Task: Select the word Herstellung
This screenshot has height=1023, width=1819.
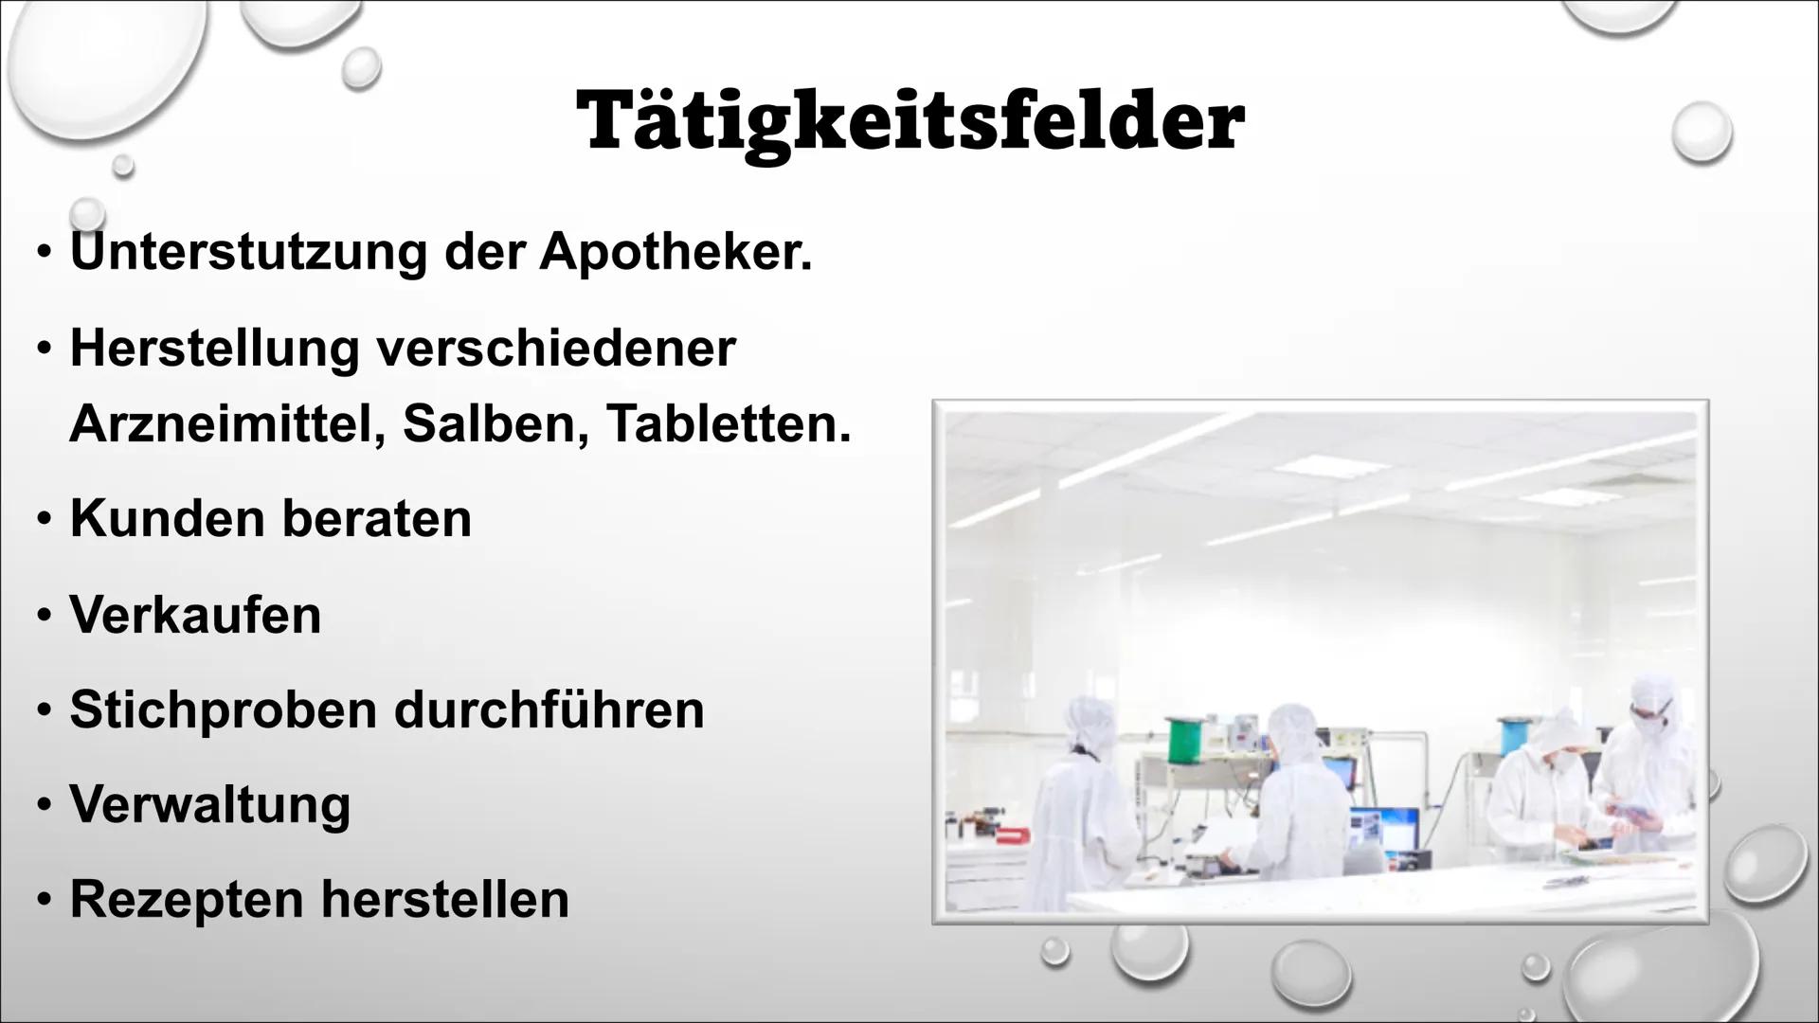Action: tap(214, 348)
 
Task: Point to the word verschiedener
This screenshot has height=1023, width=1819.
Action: tap(556, 348)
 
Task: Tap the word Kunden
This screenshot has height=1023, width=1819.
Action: tap(167, 518)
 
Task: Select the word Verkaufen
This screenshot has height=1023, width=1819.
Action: tap(195, 615)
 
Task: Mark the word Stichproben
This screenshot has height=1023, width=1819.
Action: tap(224, 709)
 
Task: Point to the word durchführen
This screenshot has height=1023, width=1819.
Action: tap(549, 709)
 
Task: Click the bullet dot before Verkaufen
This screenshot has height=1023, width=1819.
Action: tap(44, 617)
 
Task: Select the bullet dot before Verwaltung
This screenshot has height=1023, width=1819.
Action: tap(44, 806)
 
